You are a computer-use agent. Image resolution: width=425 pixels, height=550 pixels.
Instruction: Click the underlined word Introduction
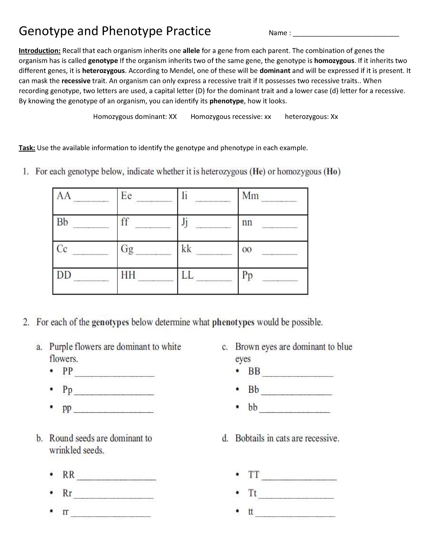[x=40, y=51]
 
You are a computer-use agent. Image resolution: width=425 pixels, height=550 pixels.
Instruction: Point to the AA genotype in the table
[x=64, y=196]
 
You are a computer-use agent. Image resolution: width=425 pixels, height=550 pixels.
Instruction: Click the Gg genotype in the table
[x=127, y=249]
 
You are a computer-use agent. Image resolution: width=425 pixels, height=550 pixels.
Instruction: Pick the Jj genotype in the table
[x=185, y=222]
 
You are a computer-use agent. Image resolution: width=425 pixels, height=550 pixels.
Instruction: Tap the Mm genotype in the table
[x=250, y=196]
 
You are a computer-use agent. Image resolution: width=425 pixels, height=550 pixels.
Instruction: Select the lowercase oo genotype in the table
[x=247, y=250]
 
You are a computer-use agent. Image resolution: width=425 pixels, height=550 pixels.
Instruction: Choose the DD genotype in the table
[x=64, y=275]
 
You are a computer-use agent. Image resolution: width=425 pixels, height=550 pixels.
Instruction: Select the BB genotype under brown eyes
[x=254, y=371]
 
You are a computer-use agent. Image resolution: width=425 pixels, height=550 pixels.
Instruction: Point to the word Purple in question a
[x=61, y=346]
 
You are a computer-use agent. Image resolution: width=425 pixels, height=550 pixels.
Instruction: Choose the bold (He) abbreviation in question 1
[x=257, y=172]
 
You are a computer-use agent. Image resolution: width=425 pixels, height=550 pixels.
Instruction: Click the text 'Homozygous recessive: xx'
[x=231, y=117]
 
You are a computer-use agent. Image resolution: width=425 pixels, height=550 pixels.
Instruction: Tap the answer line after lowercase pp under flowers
[x=115, y=412]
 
